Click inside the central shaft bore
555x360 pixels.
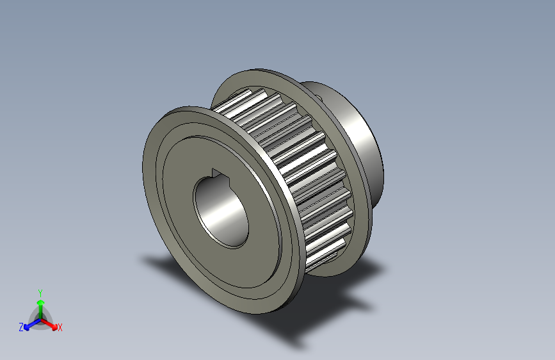click(x=221, y=211)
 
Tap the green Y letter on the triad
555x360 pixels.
click(x=40, y=292)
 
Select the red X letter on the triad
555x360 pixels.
click(x=60, y=327)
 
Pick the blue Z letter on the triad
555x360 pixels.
click(x=21, y=327)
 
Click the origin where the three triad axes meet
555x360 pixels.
click(x=40, y=318)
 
